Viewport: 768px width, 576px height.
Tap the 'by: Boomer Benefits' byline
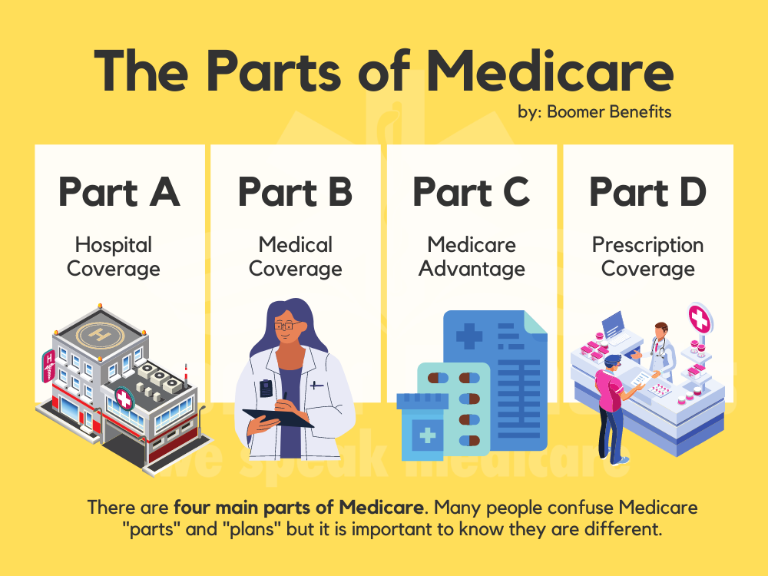pyautogui.click(x=594, y=112)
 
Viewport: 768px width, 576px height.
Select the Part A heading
pyautogui.click(x=119, y=192)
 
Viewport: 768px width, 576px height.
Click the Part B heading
pyautogui.click(x=295, y=192)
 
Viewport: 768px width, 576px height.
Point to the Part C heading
pyautogui.click(x=472, y=192)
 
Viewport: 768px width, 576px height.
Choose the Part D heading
pyautogui.click(x=647, y=192)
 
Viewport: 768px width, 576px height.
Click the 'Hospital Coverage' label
pyautogui.click(x=114, y=257)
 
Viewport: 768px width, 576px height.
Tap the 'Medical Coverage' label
pyautogui.click(x=295, y=257)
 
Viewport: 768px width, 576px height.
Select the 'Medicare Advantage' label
pyautogui.click(x=472, y=257)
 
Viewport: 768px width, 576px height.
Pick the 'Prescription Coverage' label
pyautogui.click(x=647, y=257)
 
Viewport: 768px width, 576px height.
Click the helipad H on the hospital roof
pyautogui.click(x=98, y=334)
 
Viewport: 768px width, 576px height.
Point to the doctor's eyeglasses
pyautogui.click(x=285, y=326)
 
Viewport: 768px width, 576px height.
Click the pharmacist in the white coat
pyautogui.click(x=662, y=349)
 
